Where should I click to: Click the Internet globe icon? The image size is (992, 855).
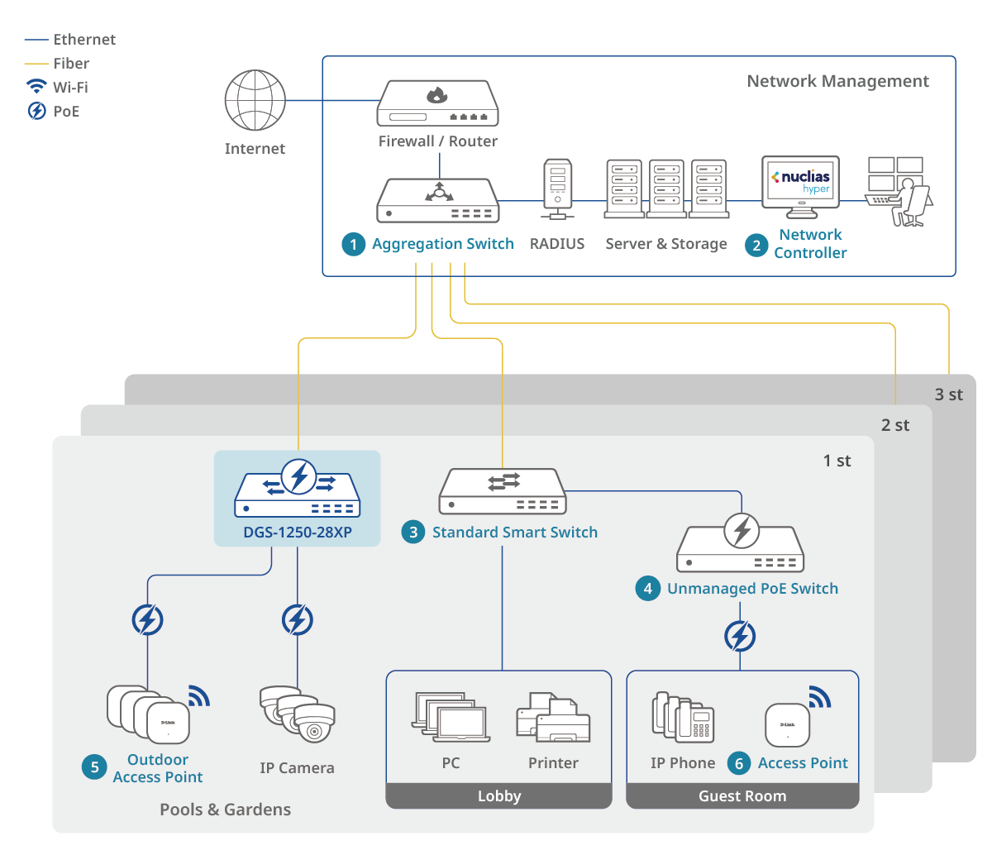click(x=255, y=100)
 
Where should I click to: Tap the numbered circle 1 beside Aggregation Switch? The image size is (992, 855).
click(x=354, y=244)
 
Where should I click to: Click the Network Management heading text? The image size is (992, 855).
click(x=837, y=81)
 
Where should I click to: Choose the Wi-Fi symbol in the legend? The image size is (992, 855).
click(x=36, y=87)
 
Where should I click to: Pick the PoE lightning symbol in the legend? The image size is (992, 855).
click(x=36, y=111)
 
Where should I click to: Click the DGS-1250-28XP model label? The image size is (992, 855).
click(x=298, y=533)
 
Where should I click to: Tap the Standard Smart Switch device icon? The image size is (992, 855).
click(x=502, y=491)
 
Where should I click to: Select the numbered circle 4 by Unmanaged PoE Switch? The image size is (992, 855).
click(x=648, y=589)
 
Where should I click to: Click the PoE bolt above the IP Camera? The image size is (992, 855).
click(x=298, y=619)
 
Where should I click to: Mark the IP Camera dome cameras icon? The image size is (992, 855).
click(x=298, y=713)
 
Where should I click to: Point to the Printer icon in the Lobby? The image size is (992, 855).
click(x=553, y=718)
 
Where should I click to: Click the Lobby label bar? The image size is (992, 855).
click(x=499, y=796)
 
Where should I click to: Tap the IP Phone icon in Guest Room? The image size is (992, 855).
click(x=683, y=717)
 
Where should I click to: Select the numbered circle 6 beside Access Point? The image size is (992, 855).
click(x=740, y=763)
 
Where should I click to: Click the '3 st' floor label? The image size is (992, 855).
click(x=948, y=394)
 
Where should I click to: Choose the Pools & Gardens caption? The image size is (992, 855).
click(x=225, y=810)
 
